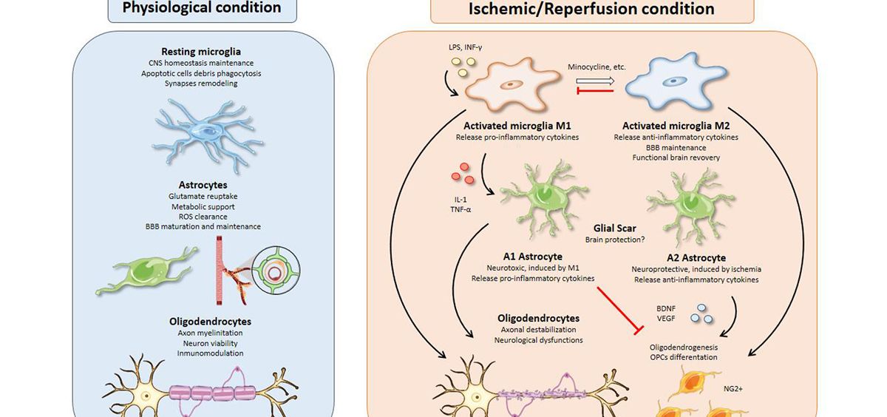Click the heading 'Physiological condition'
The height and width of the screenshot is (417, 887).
(x=202, y=8)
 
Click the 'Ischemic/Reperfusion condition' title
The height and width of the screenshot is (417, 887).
(x=591, y=9)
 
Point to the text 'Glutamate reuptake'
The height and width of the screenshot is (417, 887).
(x=202, y=195)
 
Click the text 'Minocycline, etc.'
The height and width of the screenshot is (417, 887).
(x=597, y=67)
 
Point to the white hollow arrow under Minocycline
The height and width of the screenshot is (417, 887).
(x=597, y=81)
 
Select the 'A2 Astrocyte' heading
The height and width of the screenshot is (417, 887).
(x=685, y=258)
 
